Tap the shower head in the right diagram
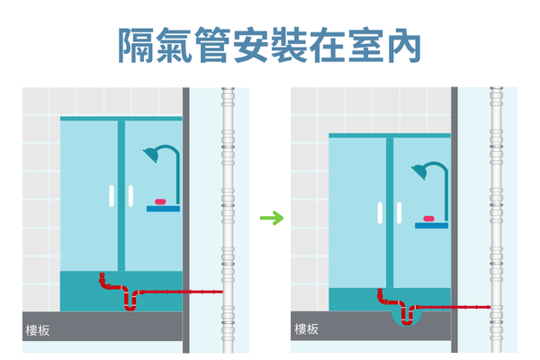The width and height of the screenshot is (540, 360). (x=422, y=172)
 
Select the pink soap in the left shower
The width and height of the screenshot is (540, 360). (x=162, y=201)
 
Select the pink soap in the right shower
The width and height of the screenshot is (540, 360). (x=428, y=216)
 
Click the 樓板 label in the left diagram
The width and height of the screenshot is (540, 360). (x=38, y=329)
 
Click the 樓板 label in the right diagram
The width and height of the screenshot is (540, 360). (x=306, y=329)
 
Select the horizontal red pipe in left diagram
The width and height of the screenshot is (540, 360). (x=184, y=292)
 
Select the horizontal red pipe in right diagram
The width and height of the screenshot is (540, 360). (x=454, y=307)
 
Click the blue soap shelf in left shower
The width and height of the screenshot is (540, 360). (x=163, y=208)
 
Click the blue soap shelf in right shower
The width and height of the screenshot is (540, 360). (x=429, y=223)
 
